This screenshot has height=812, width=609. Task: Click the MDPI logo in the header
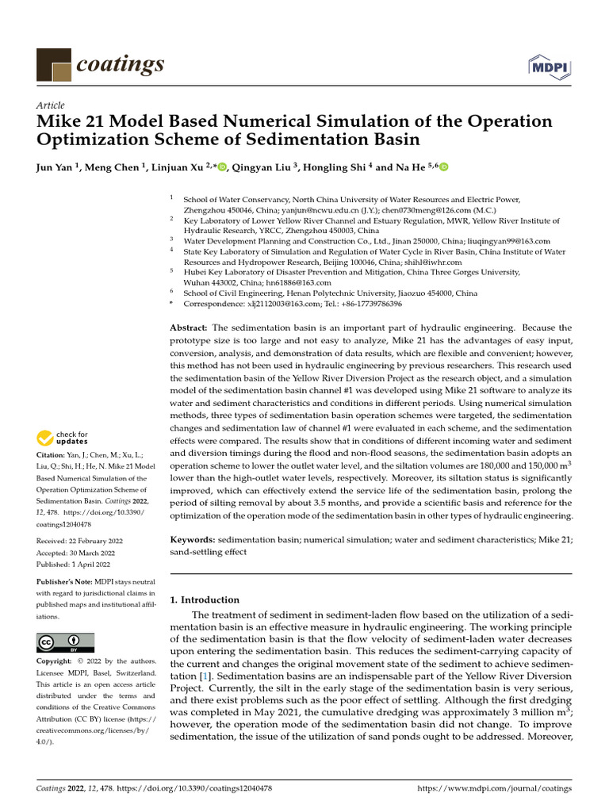(x=548, y=67)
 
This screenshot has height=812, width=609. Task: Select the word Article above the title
(x=51, y=105)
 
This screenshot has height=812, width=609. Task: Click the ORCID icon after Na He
(x=443, y=167)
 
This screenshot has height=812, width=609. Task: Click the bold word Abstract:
(x=190, y=327)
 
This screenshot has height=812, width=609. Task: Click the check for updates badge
(x=63, y=437)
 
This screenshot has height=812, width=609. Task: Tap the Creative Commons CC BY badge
(x=65, y=642)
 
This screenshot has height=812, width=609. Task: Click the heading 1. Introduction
(x=205, y=599)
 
